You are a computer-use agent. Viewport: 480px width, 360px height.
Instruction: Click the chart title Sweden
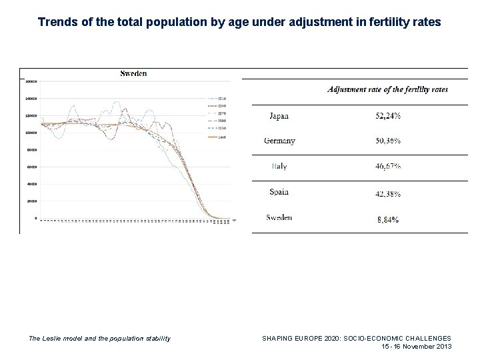click(x=133, y=73)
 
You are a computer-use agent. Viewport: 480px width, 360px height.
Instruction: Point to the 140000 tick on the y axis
click(x=31, y=99)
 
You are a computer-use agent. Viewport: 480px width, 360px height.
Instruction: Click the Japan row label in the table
click(x=279, y=116)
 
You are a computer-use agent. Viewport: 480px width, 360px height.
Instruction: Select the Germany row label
click(x=279, y=141)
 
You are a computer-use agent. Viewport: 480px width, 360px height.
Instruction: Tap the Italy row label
click(x=279, y=167)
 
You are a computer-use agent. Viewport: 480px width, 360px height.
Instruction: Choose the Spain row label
click(x=279, y=192)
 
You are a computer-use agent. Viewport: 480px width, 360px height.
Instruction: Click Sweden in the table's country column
click(x=279, y=217)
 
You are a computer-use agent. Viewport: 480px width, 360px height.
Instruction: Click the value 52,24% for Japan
click(x=387, y=116)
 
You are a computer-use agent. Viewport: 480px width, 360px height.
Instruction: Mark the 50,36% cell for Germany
click(x=387, y=141)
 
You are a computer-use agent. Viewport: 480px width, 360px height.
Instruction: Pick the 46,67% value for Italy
click(x=387, y=167)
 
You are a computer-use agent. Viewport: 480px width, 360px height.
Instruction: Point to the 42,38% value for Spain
click(x=387, y=193)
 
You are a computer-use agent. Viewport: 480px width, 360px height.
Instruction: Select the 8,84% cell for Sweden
click(x=387, y=219)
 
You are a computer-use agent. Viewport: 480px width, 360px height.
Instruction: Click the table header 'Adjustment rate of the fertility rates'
click(x=387, y=89)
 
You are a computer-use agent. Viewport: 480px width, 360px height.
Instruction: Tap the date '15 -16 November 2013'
click(x=416, y=347)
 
